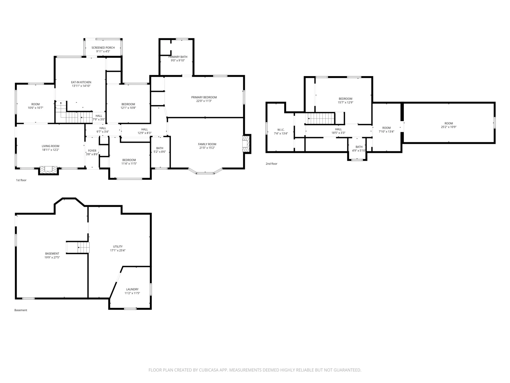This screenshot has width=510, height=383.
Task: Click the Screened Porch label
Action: click(x=103, y=48)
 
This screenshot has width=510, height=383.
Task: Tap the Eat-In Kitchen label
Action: click(x=81, y=82)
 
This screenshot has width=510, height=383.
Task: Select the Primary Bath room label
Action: click(x=178, y=57)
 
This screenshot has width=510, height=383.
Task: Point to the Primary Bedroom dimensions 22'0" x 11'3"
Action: click(x=204, y=101)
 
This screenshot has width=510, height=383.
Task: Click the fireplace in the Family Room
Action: click(x=246, y=144)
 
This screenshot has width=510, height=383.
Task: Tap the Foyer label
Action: click(x=92, y=151)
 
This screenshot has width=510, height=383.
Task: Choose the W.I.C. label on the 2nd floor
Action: click(x=281, y=130)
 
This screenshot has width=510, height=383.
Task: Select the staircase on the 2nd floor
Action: click(x=321, y=118)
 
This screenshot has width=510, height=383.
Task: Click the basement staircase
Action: click(x=78, y=248)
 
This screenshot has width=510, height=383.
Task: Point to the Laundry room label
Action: click(x=132, y=289)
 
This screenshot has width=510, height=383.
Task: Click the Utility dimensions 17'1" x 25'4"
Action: click(x=118, y=250)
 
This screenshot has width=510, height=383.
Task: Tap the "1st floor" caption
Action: click(x=21, y=180)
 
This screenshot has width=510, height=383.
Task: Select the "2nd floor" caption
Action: click(x=271, y=164)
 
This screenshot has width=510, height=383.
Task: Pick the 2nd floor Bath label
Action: click(x=359, y=147)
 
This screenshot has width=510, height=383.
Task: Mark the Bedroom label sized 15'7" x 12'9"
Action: click(x=345, y=99)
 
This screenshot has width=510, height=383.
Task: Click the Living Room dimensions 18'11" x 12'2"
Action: click(x=50, y=150)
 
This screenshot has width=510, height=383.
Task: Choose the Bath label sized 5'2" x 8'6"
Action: click(x=160, y=148)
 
